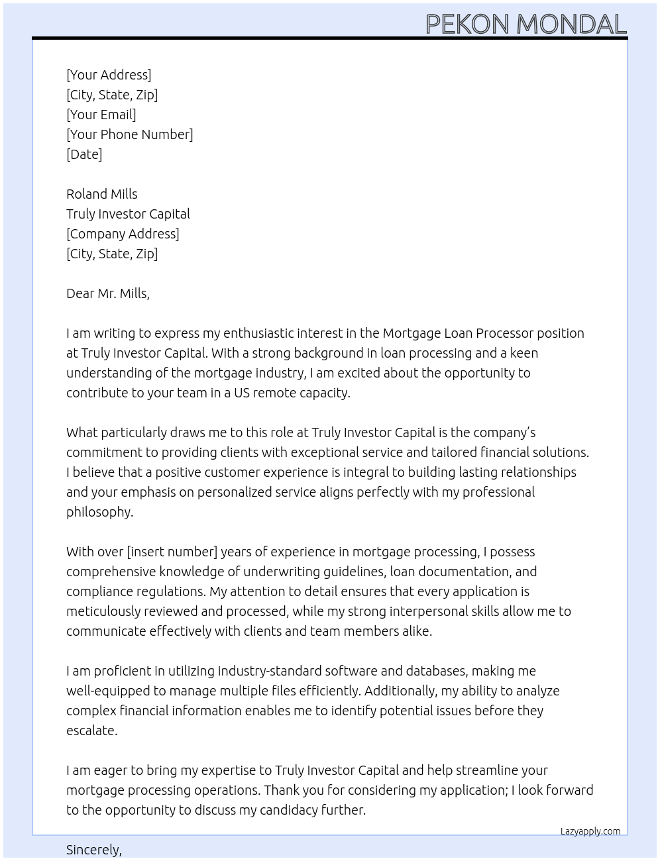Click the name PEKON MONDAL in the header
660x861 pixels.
(x=525, y=24)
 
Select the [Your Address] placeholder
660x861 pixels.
(x=109, y=75)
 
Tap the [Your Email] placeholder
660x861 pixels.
(x=101, y=115)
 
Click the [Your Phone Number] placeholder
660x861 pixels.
(x=130, y=134)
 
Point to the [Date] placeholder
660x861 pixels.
(x=84, y=154)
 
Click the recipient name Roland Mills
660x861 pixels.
(x=102, y=194)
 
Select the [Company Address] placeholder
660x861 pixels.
(x=123, y=234)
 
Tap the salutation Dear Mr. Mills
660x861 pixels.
(x=108, y=293)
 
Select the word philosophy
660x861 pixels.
(x=99, y=512)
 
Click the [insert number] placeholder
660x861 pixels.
(x=172, y=552)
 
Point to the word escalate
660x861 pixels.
(x=91, y=731)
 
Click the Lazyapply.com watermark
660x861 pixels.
(x=590, y=831)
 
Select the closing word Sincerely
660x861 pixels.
(x=93, y=850)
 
